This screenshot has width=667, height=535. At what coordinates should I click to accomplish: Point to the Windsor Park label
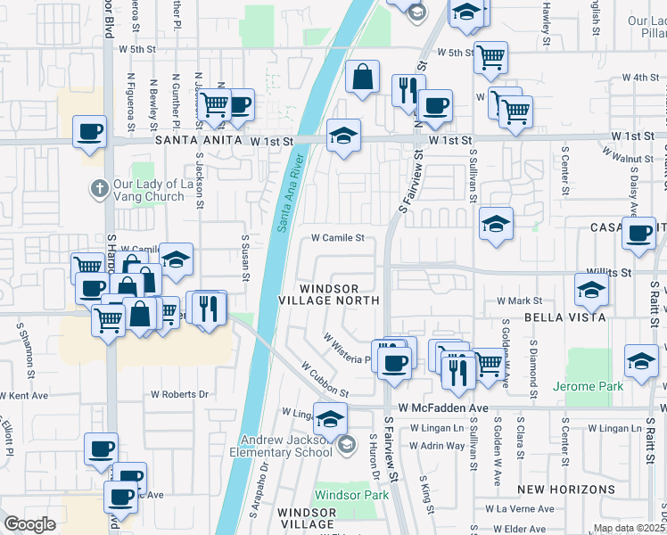pyautogui.click(x=352, y=494)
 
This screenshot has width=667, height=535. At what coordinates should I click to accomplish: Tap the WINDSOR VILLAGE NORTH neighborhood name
pyautogui.click(x=329, y=295)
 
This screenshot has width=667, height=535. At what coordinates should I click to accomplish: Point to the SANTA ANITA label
pyautogui.click(x=198, y=141)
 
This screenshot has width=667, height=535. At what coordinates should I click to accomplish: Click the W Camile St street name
pyautogui.click(x=338, y=238)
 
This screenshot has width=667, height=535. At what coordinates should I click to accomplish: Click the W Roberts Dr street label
pyautogui.click(x=178, y=393)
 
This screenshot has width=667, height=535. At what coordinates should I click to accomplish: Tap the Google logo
pyautogui.click(x=29, y=524)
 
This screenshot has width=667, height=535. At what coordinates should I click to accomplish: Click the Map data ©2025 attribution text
pyautogui.click(x=630, y=528)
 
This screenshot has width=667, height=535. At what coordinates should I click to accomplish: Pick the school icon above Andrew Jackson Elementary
pyautogui.click(x=331, y=417)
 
